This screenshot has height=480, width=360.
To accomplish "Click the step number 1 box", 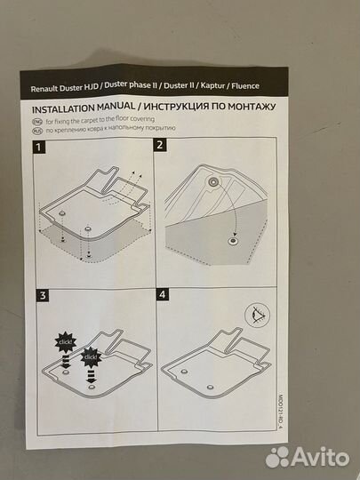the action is [38, 148].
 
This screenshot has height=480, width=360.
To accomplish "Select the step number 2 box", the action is [160, 145].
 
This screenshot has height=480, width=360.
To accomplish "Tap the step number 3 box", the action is [43, 295].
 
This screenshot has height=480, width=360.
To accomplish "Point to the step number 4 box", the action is [163, 294].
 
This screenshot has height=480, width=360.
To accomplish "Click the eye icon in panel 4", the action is [258, 315].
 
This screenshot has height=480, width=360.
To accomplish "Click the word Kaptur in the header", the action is [213, 85].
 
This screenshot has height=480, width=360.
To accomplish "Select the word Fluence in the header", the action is [245, 85].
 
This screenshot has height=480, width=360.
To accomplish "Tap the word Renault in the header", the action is [44, 89].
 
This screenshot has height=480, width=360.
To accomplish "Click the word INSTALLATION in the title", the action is [63, 109].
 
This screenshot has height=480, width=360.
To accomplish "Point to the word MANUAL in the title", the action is [116, 108].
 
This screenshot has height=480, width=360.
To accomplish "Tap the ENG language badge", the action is [37, 122].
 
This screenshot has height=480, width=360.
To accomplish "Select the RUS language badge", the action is [37, 131].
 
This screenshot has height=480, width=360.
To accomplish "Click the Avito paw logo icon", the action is [277, 458].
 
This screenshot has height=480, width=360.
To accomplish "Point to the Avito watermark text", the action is [320, 457].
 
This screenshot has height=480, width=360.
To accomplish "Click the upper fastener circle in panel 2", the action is [212, 181].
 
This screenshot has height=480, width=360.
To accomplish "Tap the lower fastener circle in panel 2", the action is [233, 241].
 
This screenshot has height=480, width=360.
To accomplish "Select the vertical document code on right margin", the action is [280, 412].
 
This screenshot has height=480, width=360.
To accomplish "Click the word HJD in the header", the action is [92, 87].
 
